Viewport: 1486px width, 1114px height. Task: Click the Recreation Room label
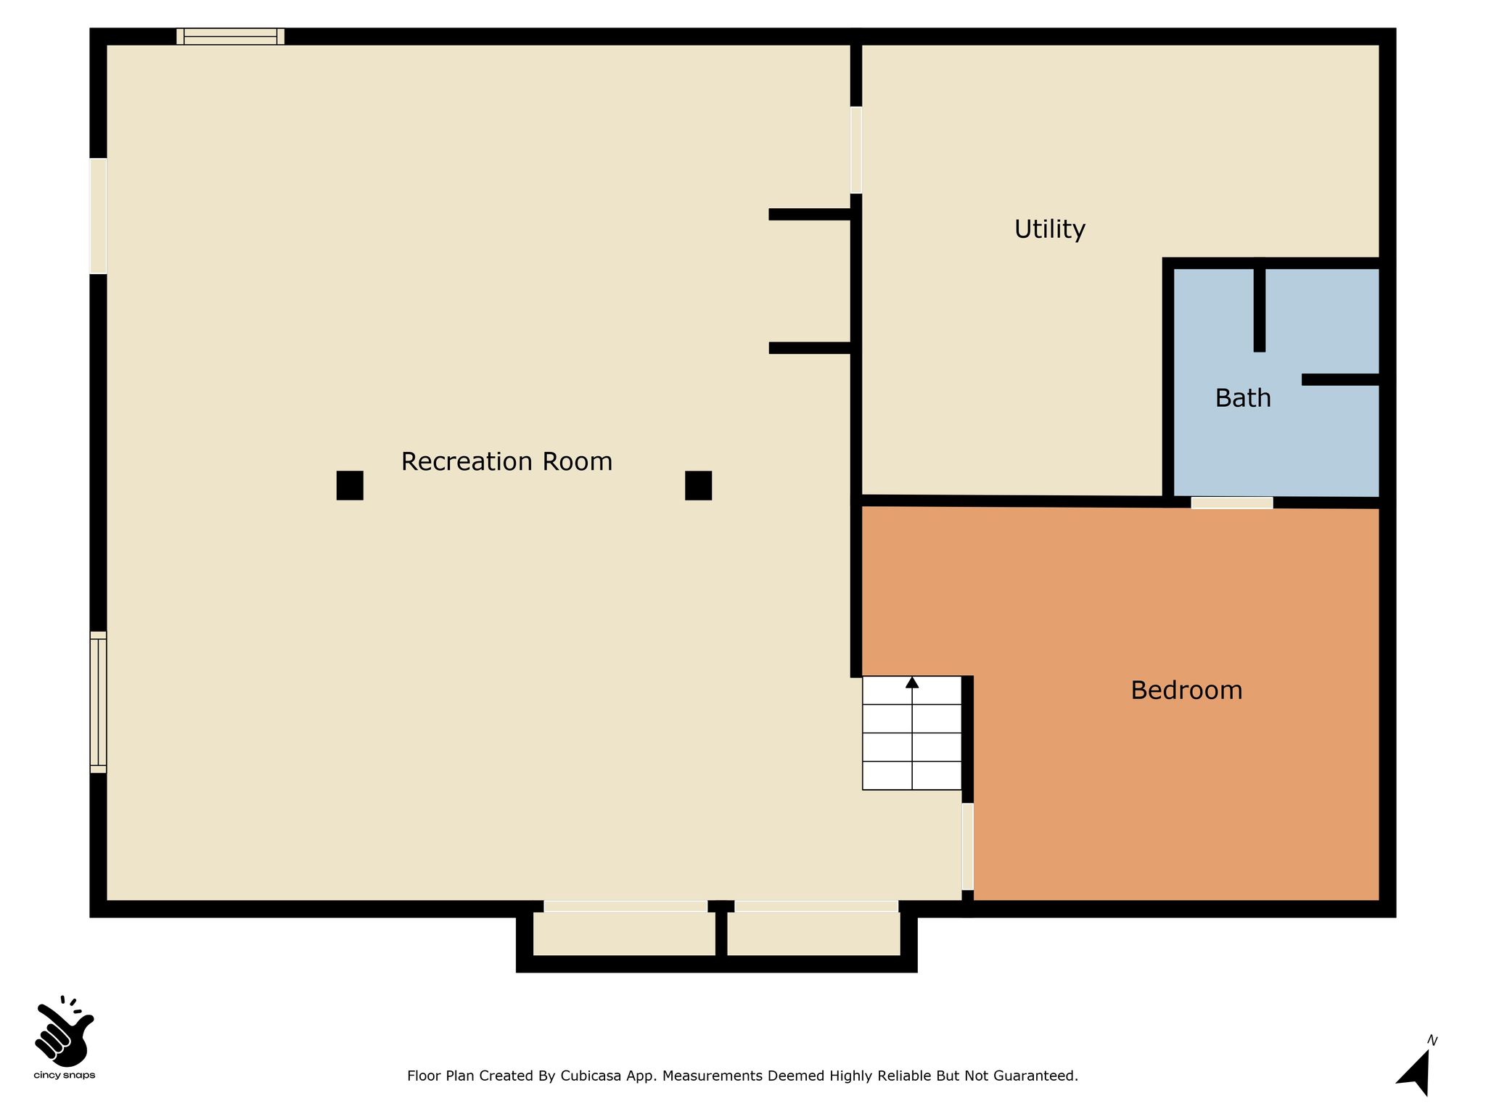(x=506, y=462)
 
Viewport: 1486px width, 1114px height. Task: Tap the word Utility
(x=1049, y=230)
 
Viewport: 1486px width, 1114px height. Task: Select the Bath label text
(x=1243, y=398)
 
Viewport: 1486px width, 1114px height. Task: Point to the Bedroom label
(x=1186, y=690)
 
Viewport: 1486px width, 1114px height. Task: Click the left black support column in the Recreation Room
(x=350, y=485)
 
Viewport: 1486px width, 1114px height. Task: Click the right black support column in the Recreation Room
(x=698, y=485)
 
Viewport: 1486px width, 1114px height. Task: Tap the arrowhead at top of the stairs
(x=912, y=682)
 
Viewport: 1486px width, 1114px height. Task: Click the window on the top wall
(x=230, y=36)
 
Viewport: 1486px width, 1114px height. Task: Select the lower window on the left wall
(x=98, y=702)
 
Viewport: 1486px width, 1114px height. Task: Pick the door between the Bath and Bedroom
(x=1232, y=503)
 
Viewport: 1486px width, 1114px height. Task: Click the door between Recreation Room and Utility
(x=856, y=150)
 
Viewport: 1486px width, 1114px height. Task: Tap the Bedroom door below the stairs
(x=967, y=846)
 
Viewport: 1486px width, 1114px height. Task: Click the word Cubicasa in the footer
(x=590, y=1076)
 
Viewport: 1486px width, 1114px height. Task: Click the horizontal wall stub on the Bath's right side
(x=1340, y=379)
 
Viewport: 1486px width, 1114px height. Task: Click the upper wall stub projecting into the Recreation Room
(x=810, y=214)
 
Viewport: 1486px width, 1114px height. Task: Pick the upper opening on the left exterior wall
(x=98, y=216)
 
